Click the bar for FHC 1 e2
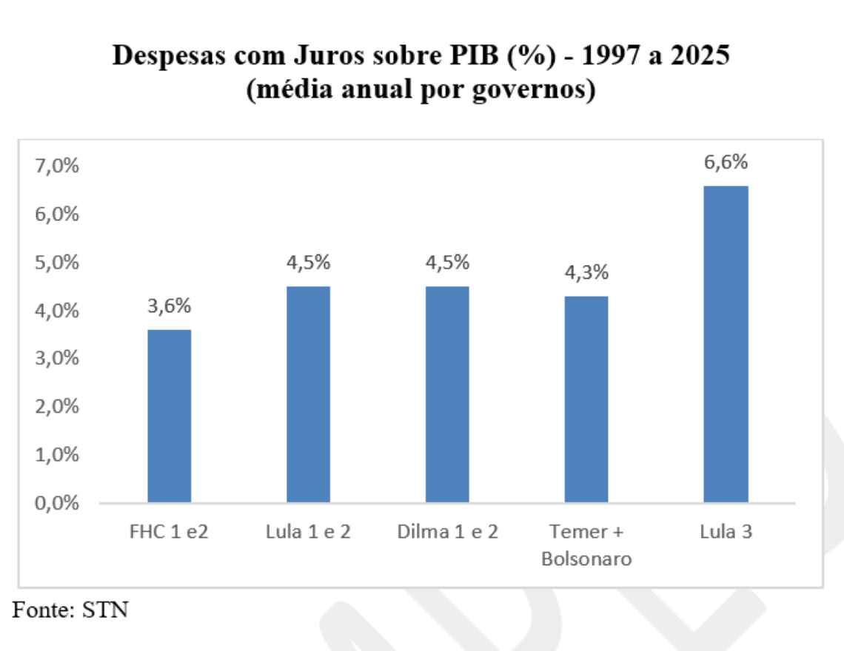pos(170,416)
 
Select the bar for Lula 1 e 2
pos(308,395)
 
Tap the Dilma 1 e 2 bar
pos(447,395)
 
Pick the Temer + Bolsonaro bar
pos(586,399)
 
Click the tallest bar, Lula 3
pos(726,345)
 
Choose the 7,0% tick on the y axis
pos(58,166)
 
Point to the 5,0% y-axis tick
pos(58,263)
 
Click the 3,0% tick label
pos(58,359)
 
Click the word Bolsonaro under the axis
pos(586,559)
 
